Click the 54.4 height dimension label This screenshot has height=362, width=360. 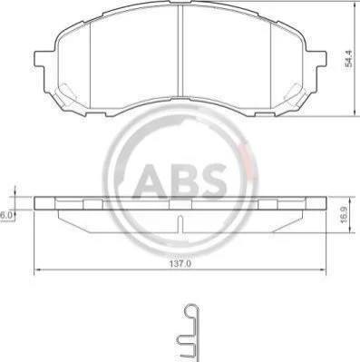(349, 58)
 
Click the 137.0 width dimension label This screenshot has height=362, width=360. (180, 264)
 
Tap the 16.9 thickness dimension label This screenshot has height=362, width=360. (345, 215)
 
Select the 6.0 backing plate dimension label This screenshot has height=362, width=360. (6, 216)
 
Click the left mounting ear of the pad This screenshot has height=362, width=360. (40, 58)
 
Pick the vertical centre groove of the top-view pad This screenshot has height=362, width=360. (180, 52)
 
